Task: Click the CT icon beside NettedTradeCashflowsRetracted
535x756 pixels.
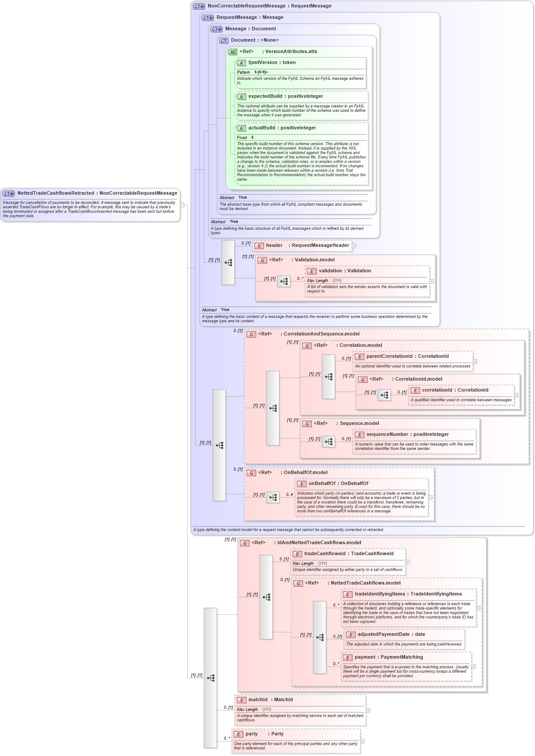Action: point(9,193)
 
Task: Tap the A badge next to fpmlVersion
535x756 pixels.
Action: point(241,63)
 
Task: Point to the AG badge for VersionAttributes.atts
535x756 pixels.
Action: point(232,52)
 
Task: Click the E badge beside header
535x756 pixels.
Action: point(259,246)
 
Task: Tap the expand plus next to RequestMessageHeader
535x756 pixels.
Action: point(354,246)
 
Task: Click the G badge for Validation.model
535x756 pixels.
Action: point(262,260)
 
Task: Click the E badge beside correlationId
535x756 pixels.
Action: point(415,390)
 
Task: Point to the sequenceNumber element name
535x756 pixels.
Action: point(387,435)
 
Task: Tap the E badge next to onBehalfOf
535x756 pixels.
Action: point(301,484)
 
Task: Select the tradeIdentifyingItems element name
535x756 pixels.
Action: point(380,594)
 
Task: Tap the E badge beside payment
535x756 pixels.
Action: point(347,658)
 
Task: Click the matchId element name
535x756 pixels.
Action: point(258,700)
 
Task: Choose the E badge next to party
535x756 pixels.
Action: point(238,734)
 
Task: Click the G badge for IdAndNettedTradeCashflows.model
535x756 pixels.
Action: point(244,543)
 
